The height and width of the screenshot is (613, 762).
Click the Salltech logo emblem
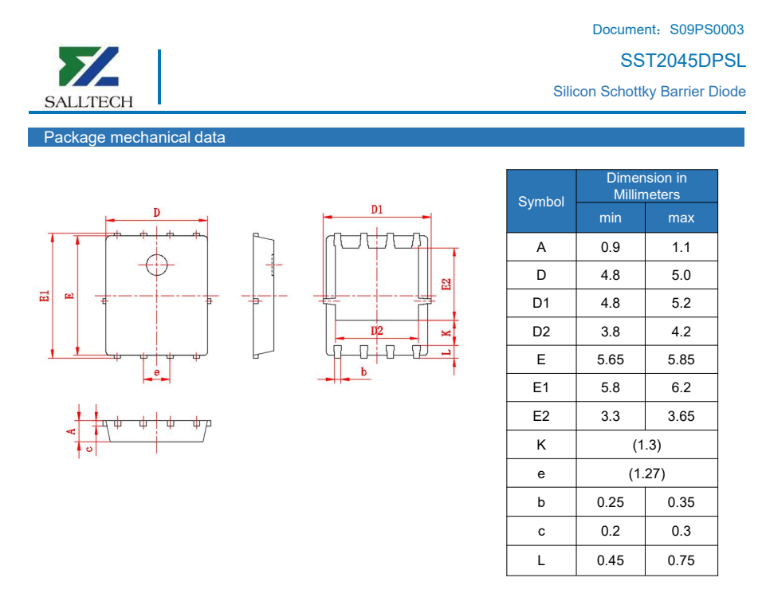[x=88, y=66]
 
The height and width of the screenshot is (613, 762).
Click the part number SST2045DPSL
[x=683, y=61]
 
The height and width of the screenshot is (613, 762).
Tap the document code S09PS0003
[x=706, y=29]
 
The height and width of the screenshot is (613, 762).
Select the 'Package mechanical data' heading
[x=135, y=137]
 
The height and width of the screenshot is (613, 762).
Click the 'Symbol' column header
[x=541, y=201]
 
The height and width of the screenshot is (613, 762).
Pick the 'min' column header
[x=611, y=218]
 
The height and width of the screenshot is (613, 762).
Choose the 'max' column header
[x=681, y=218]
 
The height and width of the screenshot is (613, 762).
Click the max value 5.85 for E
[x=681, y=360]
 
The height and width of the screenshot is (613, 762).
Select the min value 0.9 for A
[x=611, y=247]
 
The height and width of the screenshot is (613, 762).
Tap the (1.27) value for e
[x=647, y=474]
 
